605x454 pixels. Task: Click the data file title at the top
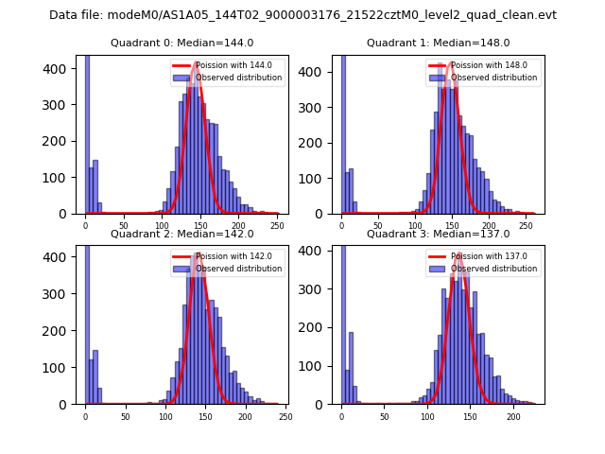302,15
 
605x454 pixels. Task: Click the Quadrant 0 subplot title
181,43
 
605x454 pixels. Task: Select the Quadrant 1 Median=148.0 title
438,43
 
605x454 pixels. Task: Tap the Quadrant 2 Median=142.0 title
181,234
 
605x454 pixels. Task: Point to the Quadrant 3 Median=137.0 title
438,234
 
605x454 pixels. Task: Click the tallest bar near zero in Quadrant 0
87,132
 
